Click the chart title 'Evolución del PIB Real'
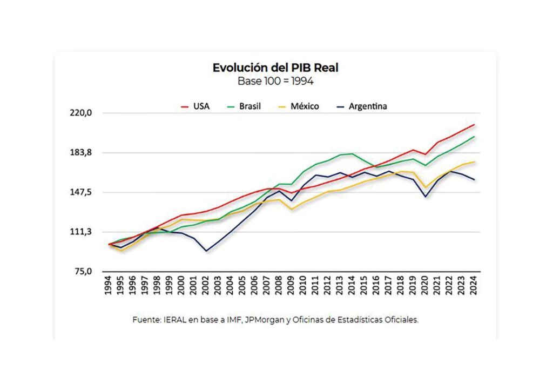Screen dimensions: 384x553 click(275, 68)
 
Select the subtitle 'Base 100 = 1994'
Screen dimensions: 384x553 click(275, 81)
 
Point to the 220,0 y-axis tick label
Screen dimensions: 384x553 click(83, 113)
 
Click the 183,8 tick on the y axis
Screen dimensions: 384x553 click(83, 153)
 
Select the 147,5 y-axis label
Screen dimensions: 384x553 click(83, 192)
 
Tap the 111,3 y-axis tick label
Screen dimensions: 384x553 click(83, 232)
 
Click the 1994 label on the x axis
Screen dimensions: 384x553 click(109, 287)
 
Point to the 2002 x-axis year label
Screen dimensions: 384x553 click(206, 287)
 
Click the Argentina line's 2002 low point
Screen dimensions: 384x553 click(206, 251)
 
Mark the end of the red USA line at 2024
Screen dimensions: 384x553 click(474, 125)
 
